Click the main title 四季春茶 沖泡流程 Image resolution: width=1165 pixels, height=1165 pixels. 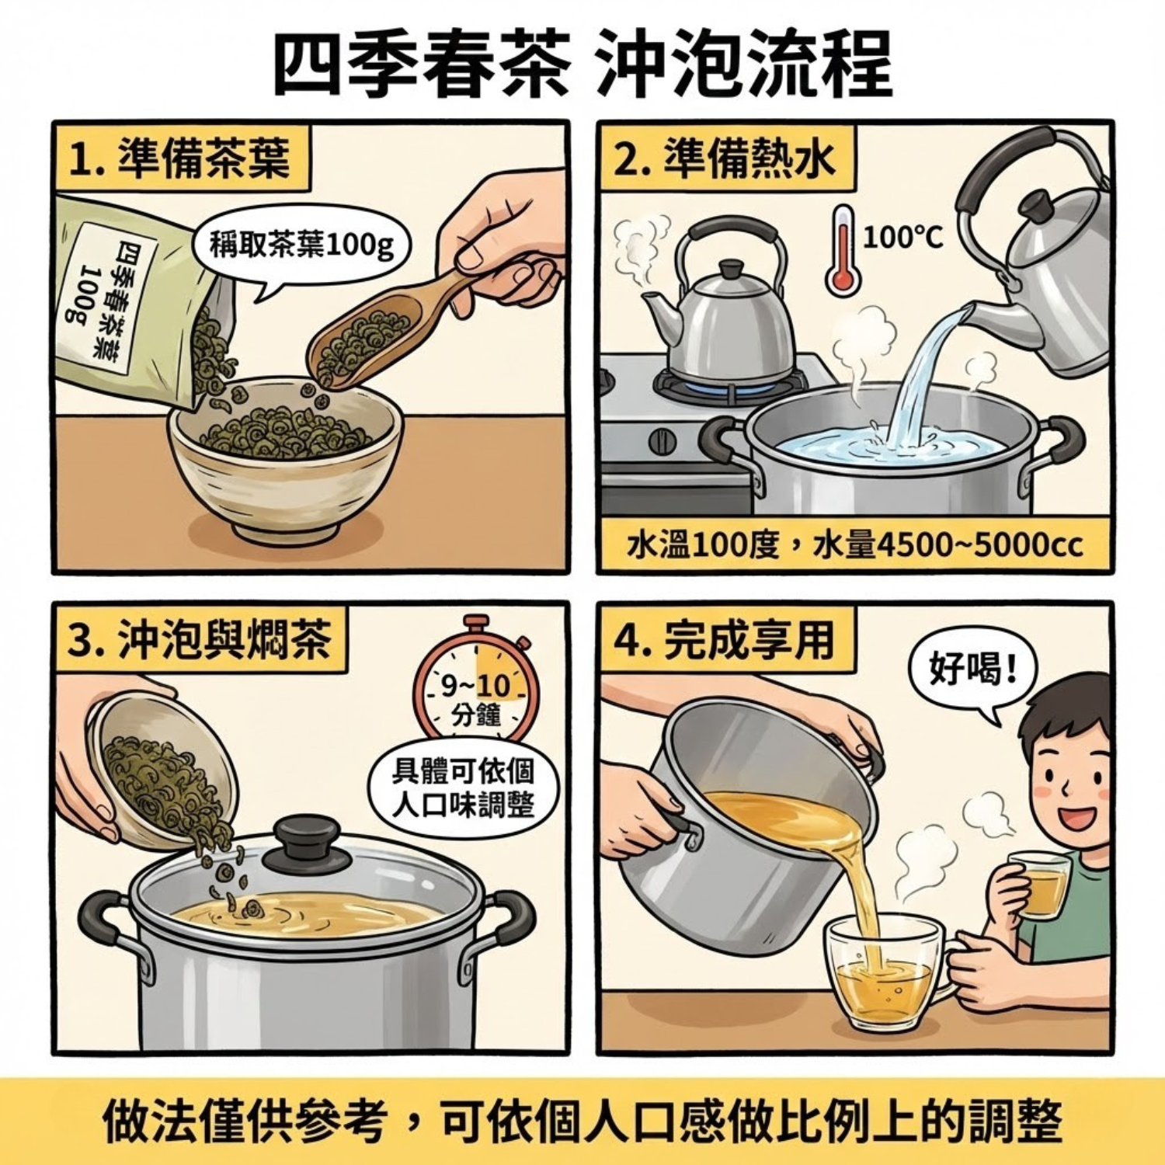click(582, 64)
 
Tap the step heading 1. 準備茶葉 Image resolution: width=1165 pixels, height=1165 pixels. click(180, 159)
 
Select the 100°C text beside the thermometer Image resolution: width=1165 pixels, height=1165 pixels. click(902, 236)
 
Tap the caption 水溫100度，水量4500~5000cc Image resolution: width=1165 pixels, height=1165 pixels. click(854, 545)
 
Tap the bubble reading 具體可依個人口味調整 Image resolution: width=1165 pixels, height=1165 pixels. click(463, 788)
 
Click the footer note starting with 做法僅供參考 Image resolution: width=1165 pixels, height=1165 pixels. click(582, 1121)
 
